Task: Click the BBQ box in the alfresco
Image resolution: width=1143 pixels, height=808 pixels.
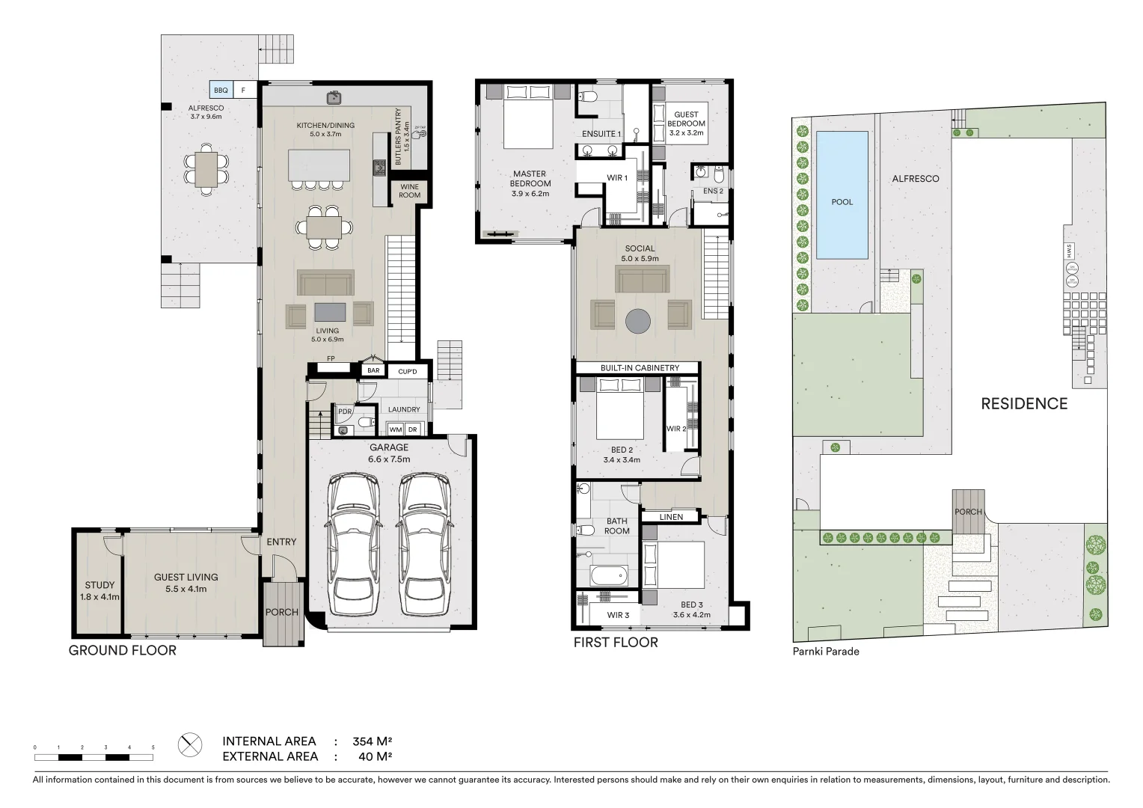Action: (221, 91)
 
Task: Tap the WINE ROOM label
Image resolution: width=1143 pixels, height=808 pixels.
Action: (409, 191)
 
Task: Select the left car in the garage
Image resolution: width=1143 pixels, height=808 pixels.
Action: (354, 536)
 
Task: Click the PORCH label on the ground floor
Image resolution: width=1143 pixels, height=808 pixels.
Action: (282, 612)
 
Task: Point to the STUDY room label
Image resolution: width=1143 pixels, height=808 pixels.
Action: (99, 590)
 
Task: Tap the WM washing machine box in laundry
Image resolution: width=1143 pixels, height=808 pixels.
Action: (395, 429)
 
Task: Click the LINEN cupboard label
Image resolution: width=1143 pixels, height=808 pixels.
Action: (671, 517)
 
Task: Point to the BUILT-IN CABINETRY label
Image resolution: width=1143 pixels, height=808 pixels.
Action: (640, 368)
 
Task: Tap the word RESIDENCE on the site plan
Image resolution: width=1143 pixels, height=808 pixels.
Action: (1024, 404)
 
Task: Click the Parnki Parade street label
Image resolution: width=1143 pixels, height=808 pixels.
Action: (826, 652)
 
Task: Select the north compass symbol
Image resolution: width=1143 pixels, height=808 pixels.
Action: (190, 745)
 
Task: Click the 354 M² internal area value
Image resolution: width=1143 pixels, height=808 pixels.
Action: (372, 741)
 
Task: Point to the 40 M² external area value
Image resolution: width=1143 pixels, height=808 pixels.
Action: (375, 756)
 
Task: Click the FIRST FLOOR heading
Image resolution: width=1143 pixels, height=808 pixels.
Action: (616, 643)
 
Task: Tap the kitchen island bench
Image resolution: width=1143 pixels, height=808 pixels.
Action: (319, 165)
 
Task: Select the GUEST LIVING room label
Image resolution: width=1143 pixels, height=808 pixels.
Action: (186, 583)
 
